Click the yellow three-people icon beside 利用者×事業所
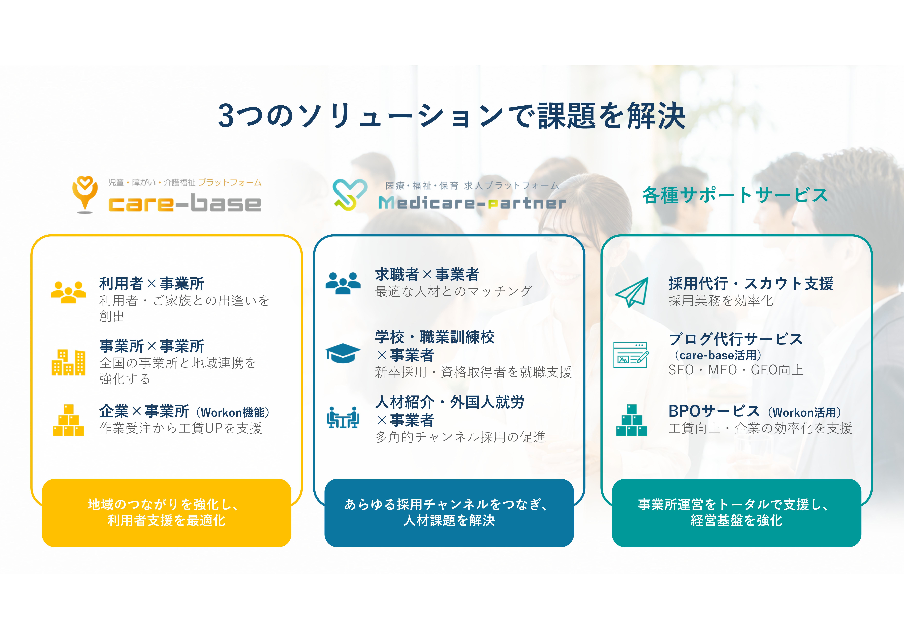(x=69, y=292)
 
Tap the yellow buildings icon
(x=69, y=362)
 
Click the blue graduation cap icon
(x=343, y=353)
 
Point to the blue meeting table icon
(x=343, y=417)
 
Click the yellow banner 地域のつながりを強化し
(x=167, y=513)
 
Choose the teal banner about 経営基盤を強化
(x=736, y=513)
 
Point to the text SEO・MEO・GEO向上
(x=736, y=370)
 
